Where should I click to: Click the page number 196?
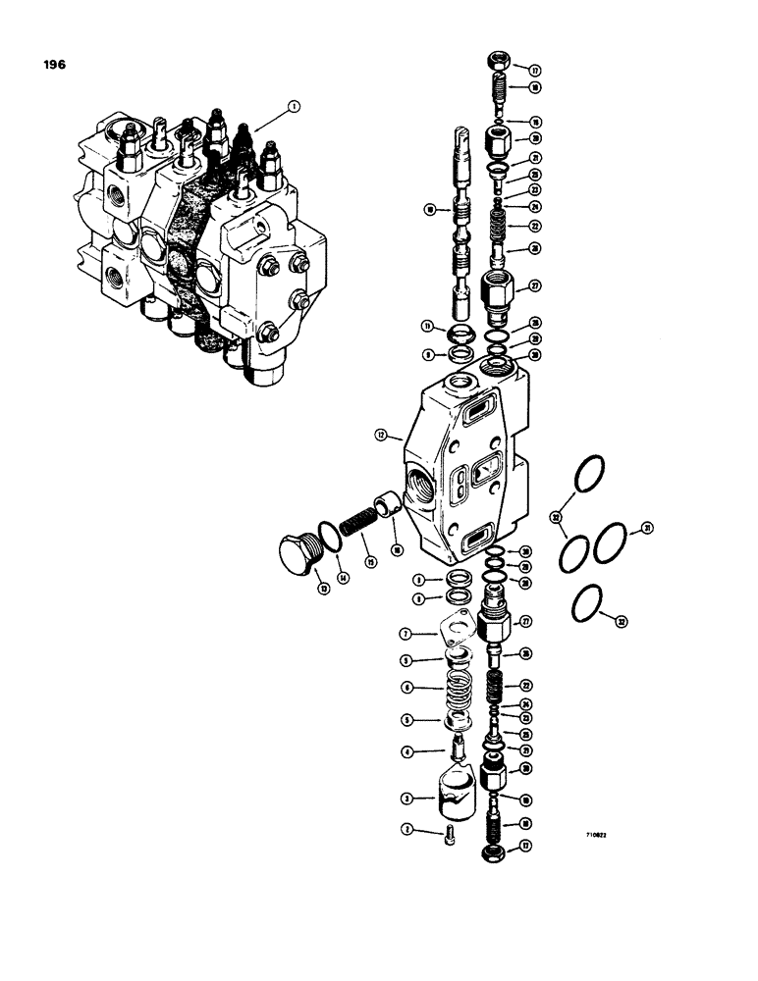(x=54, y=65)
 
